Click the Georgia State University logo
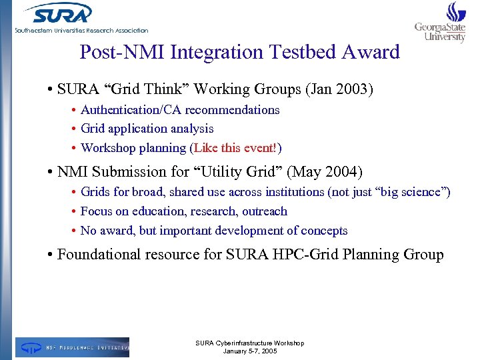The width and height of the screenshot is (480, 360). click(x=441, y=23)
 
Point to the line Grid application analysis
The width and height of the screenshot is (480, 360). click(x=147, y=129)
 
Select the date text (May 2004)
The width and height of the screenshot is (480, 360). click(x=325, y=172)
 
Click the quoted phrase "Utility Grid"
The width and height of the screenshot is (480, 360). click(x=238, y=172)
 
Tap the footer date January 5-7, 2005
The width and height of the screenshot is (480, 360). click(x=249, y=351)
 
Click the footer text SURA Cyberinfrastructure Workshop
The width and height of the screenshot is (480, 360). click(x=249, y=343)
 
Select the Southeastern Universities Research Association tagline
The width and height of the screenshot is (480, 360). click(x=81, y=31)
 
